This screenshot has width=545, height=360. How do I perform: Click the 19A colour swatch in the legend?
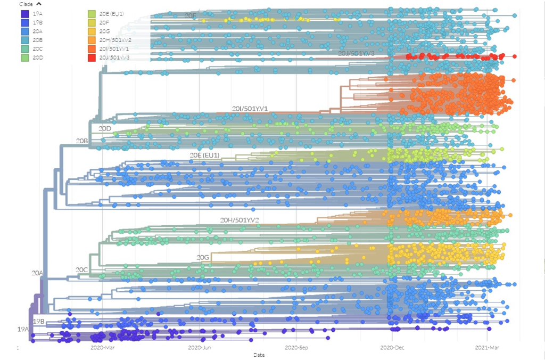24,14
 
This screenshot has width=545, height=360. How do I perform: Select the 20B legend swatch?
24,40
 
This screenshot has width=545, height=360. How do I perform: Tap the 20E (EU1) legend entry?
91,14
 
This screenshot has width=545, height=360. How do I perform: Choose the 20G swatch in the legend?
91,31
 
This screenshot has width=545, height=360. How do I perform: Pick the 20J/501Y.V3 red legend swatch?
91,57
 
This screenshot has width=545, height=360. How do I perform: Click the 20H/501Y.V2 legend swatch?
91,40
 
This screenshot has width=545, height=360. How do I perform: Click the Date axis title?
259,355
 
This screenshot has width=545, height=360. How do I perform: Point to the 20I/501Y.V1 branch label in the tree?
250,109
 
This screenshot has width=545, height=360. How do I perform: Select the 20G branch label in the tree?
203,257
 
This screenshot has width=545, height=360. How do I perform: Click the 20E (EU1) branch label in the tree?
205,155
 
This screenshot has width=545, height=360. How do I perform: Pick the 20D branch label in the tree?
105,128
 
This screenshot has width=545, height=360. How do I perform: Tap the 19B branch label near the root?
38,322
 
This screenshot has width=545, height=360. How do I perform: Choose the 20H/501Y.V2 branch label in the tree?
240,219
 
